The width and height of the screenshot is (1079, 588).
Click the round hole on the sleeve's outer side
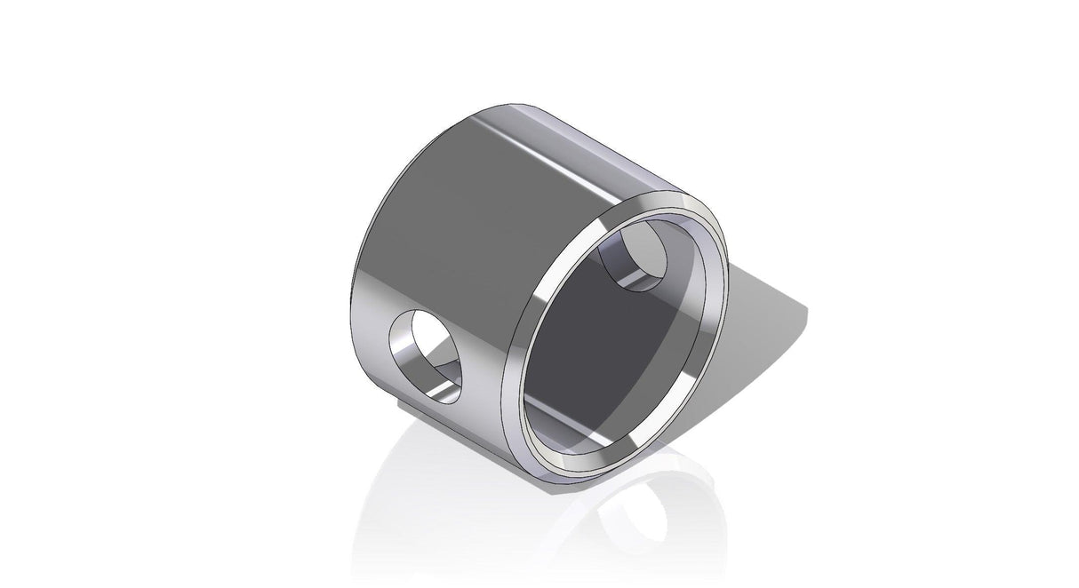coord(428,354)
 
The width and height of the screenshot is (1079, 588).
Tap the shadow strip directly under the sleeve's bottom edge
coord(427,410)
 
